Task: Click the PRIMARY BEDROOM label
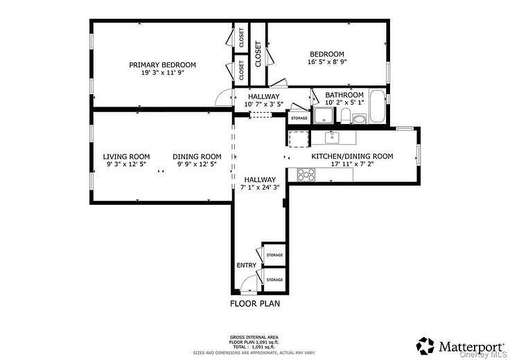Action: coord(162,64)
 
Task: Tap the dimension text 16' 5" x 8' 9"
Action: coord(326,62)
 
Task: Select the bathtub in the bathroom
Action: coord(378,106)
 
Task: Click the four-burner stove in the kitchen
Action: coord(306,174)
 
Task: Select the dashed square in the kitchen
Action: coord(298,139)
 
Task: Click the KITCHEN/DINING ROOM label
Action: coord(352,156)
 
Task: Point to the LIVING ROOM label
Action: coord(127,156)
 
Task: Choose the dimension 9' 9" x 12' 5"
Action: coord(197,165)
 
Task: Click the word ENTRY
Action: coord(246,265)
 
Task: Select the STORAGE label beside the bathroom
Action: coord(299,118)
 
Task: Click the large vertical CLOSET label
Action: coord(258,54)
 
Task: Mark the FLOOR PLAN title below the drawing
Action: coord(254,303)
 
